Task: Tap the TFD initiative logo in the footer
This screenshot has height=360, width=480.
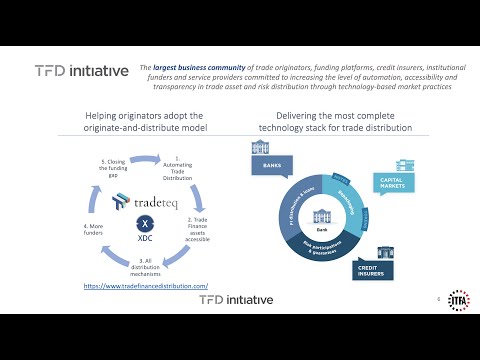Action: tap(241, 301)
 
